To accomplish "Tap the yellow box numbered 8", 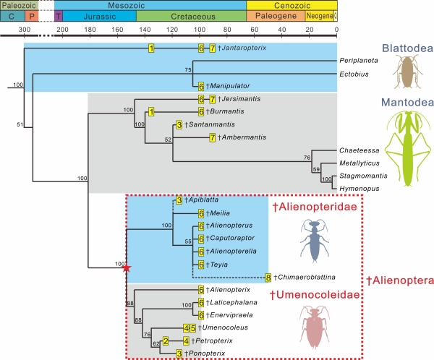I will click(268, 278).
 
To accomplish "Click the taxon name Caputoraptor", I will click(231, 238).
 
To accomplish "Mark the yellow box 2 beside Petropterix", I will click(166, 340).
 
